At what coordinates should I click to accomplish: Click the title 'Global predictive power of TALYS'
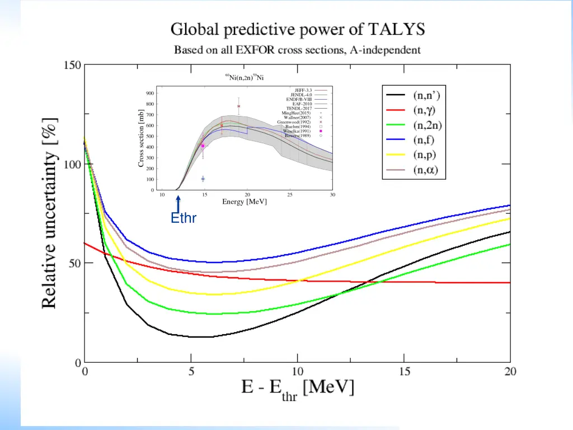297,29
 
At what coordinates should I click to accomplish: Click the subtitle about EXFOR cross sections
297,50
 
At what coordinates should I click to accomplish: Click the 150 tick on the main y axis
72,66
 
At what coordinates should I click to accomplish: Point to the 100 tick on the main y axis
72,165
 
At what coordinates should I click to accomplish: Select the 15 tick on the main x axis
404,372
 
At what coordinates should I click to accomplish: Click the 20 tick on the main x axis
510,372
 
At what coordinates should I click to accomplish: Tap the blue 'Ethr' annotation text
184,218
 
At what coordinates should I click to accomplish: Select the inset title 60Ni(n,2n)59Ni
245,77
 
